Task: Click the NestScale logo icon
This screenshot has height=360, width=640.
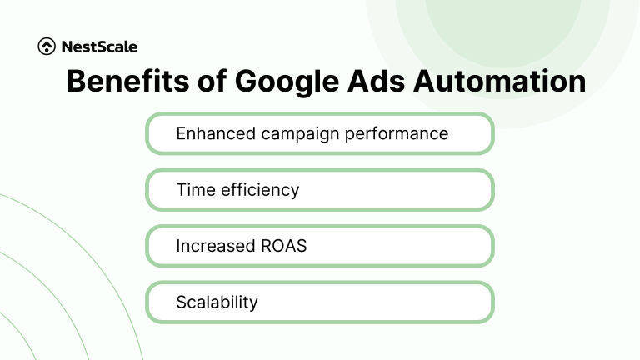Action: [47, 47]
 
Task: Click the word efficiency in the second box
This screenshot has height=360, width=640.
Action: [259, 189]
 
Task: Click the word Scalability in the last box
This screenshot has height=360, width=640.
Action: [217, 302]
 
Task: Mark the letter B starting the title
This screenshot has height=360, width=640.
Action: [76, 82]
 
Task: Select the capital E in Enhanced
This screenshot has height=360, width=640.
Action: [181, 133]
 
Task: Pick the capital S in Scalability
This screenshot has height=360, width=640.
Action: [181, 302]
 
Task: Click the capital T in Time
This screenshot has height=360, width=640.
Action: [181, 189]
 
